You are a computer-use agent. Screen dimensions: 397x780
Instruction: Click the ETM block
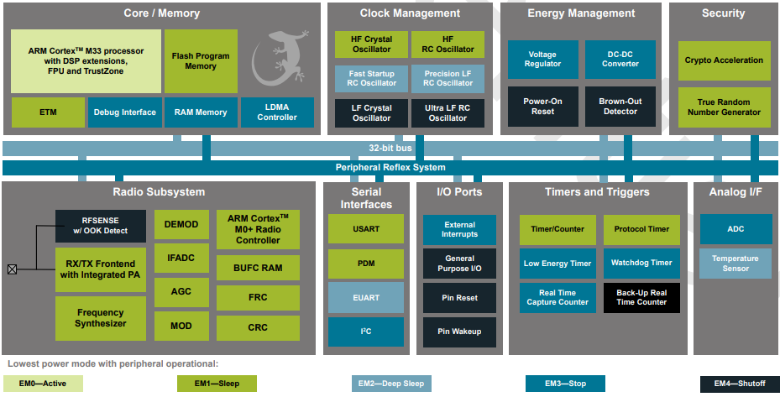(x=48, y=112)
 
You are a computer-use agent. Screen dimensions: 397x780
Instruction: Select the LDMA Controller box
(x=277, y=112)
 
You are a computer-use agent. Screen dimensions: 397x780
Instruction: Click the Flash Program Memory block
(x=201, y=61)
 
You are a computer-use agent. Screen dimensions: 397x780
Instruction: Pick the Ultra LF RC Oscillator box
(x=448, y=112)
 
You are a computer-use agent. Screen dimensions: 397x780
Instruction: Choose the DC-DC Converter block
(x=620, y=59)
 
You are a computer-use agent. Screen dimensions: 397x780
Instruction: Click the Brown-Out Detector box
(x=620, y=106)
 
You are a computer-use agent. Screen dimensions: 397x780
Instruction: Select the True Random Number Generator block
(x=723, y=107)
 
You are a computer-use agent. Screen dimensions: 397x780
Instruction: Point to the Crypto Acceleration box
(x=723, y=60)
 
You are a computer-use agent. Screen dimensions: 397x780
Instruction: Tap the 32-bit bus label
(x=390, y=148)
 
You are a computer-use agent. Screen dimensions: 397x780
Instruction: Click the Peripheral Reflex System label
(x=390, y=167)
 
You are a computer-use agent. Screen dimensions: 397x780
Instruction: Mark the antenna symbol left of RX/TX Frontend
(x=12, y=269)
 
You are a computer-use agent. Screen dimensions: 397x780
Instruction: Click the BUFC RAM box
(x=258, y=269)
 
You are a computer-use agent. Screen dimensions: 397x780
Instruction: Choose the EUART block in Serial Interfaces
(x=365, y=297)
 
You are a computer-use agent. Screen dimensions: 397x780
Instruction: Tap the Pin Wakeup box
(x=459, y=332)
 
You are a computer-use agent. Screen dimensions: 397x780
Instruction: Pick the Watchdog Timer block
(x=641, y=263)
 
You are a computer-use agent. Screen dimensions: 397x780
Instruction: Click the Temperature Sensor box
(x=735, y=264)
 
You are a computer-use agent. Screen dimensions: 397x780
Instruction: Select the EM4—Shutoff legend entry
(x=739, y=384)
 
